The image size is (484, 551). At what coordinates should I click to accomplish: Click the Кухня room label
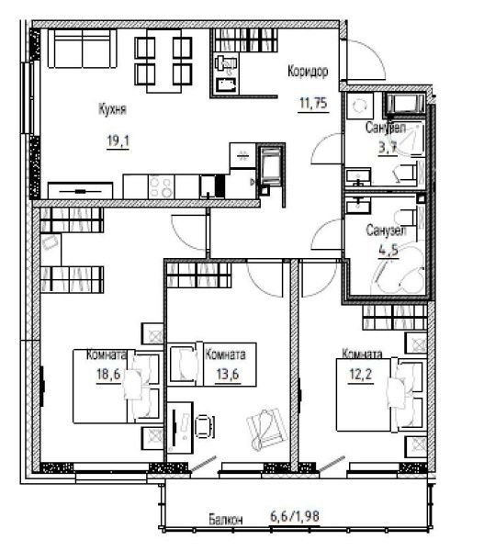(112, 109)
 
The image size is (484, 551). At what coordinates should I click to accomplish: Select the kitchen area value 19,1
(118, 141)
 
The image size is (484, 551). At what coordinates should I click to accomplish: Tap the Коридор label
(308, 72)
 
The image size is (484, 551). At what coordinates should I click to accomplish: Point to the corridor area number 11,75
(313, 103)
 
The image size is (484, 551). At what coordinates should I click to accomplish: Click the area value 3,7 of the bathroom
(388, 147)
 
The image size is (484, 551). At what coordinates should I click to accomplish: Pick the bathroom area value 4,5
(388, 250)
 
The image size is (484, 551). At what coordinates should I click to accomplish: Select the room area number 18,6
(108, 374)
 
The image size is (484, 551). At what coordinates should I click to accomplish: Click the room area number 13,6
(228, 375)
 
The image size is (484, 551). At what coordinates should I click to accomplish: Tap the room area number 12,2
(361, 375)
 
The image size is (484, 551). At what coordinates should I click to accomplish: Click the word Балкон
(226, 520)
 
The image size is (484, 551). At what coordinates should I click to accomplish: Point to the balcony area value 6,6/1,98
(295, 516)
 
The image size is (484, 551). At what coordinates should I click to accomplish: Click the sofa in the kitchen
(83, 49)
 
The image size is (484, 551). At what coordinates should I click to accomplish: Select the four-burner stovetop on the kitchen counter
(162, 186)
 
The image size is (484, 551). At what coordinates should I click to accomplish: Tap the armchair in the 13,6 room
(267, 428)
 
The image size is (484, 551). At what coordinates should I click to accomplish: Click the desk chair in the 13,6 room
(204, 427)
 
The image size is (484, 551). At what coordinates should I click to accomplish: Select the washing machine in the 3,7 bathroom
(358, 106)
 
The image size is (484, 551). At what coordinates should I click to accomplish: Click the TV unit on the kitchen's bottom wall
(80, 191)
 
